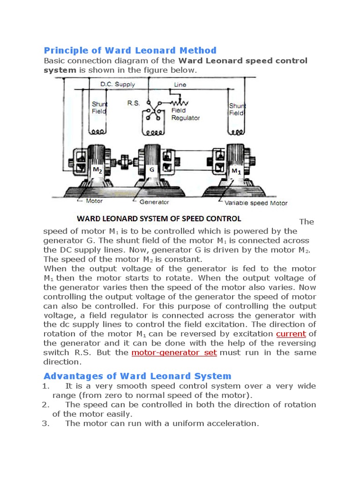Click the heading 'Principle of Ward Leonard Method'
130,50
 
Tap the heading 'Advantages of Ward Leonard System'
137,376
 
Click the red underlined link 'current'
291,334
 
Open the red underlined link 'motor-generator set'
174,352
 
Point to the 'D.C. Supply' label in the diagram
118,84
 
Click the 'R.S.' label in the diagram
133,103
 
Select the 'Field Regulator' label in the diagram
185,114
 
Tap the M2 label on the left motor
97,171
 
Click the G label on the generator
152,170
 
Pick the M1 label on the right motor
236,171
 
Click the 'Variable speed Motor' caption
256,203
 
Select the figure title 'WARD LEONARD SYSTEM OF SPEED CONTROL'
159,218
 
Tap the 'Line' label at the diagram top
180,85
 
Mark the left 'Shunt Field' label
99,108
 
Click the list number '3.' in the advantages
45,423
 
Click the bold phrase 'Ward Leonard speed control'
243,60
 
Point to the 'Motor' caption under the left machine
94,202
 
